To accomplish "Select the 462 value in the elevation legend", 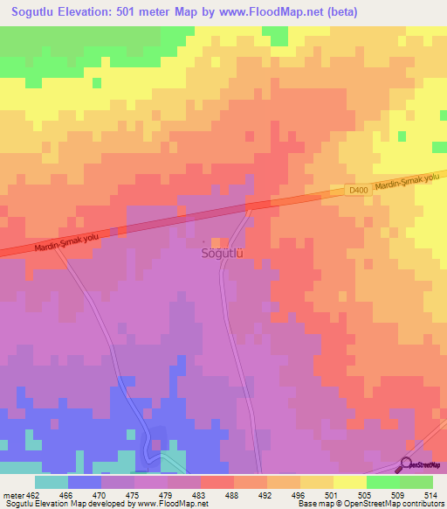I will click(33, 495).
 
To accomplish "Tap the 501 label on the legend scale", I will click(334, 495).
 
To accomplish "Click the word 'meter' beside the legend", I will click(12, 495).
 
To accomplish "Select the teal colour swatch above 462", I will click(52, 482).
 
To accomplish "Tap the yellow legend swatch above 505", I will click(350, 482).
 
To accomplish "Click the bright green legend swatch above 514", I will click(416, 482).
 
